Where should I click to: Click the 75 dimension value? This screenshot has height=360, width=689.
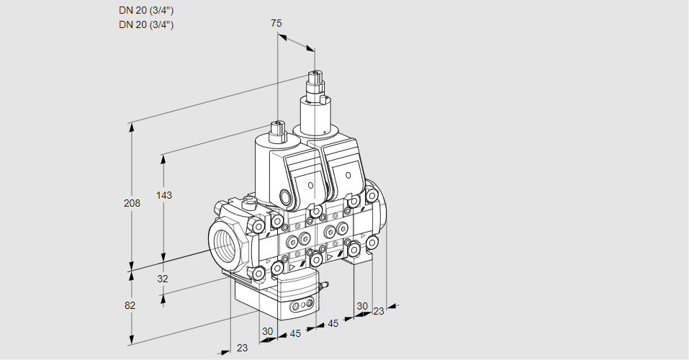pyautogui.click(x=276, y=23)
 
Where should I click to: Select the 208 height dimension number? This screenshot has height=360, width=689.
pyautogui.click(x=132, y=203)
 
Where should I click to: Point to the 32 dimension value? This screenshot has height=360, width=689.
pyautogui.click(x=163, y=279)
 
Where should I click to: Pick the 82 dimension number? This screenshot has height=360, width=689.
pyautogui.click(x=130, y=305)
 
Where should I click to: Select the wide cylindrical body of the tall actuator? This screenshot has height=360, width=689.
pyautogui.click(x=315, y=117)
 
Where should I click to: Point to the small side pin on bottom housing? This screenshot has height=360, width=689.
pyautogui.click(x=323, y=287)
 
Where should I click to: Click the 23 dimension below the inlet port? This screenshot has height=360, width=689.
pyautogui.click(x=242, y=348)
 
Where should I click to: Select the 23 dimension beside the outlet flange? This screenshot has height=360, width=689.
pyautogui.click(x=379, y=311)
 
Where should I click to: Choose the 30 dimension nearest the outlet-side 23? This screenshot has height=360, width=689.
pyautogui.click(x=361, y=305)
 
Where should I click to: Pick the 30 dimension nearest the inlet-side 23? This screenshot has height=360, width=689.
pyautogui.click(x=268, y=331)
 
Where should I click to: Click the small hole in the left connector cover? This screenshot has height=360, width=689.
pyautogui.click(x=311, y=186)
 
